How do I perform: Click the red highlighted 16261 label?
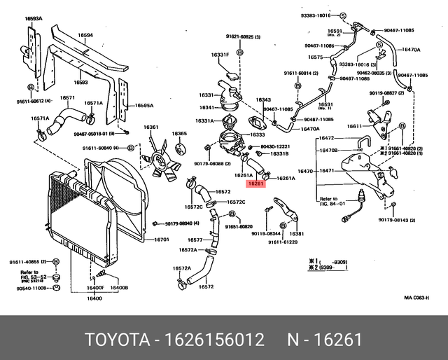tap(255, 184)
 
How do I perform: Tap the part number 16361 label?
tap(151, 127)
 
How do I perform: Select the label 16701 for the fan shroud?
tap(162, 240)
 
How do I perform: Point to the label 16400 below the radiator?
tap(94, 298)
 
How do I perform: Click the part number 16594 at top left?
tap(85, 35)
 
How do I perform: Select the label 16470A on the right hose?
tap(412, 50)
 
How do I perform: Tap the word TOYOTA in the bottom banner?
tap(118, 340)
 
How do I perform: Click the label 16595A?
tap(144, 105)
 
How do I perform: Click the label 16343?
tap(263, 100)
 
